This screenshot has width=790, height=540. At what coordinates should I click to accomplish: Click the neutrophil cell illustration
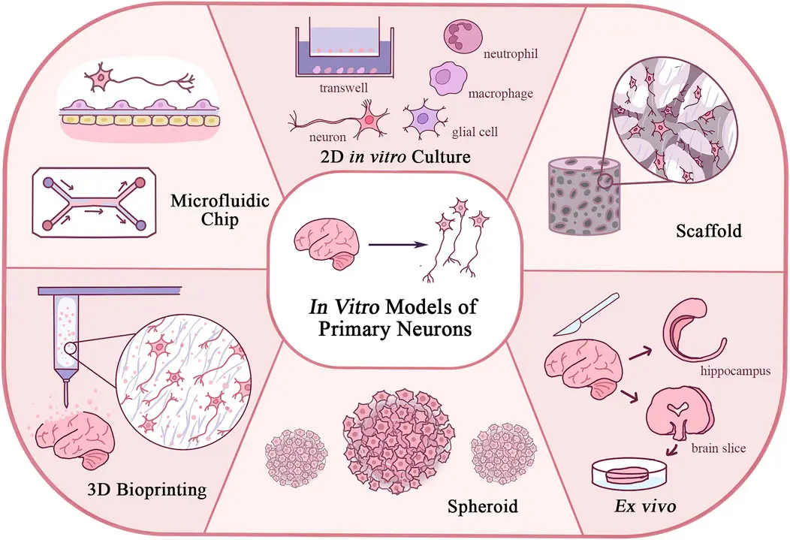463,37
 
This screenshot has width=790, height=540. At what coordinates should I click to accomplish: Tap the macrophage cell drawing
446,79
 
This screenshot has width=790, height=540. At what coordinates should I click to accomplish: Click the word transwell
344,88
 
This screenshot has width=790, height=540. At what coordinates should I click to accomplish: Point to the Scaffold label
709,231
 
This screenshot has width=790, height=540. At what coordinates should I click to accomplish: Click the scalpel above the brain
586,315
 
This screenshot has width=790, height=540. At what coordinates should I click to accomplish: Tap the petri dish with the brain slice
630,473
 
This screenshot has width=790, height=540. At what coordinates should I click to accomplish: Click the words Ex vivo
645,505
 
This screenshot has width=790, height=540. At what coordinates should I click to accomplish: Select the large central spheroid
398,442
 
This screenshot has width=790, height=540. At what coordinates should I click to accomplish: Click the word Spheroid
482,505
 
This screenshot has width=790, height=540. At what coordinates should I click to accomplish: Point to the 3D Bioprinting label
147,489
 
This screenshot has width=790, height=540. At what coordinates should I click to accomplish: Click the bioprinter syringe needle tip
66,406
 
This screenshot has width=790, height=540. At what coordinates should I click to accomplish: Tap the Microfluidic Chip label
220,210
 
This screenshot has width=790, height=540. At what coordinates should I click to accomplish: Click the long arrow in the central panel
399,245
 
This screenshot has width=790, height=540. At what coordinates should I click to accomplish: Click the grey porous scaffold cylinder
584,196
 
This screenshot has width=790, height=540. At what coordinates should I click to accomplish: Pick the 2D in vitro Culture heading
395,157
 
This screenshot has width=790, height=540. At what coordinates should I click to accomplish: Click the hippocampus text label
735,371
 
